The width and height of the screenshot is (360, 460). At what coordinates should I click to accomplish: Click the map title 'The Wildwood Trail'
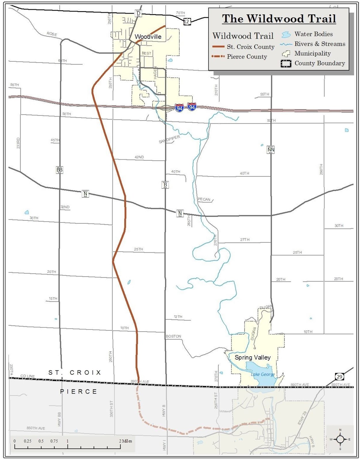point(279,19)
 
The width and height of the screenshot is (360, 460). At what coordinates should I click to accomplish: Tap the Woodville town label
point(148,37)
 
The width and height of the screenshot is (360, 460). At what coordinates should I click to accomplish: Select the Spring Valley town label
point(252,357)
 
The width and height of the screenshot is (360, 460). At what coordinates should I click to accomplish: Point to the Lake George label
point(262,374)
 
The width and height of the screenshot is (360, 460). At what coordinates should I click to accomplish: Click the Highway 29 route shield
point(339,377)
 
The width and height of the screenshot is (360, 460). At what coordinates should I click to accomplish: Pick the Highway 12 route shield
point(187,21)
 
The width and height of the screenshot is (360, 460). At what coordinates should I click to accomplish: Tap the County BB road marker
point(59,170)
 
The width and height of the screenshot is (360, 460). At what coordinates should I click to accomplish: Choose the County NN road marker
point(271,150)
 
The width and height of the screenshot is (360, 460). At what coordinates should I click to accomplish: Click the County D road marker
point(138,14)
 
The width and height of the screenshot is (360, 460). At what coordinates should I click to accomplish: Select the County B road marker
point(165,185)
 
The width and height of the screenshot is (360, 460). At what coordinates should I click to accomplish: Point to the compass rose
point(340,439)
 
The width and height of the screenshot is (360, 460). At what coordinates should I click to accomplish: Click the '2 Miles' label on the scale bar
point(125,441)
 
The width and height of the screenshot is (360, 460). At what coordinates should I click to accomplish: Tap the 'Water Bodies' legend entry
point(313,34)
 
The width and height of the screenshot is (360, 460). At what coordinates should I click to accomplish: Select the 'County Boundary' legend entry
point(319,63)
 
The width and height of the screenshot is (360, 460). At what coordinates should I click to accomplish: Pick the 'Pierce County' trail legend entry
point(247,57)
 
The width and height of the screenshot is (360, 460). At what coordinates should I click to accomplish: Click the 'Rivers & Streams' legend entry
point(319,44)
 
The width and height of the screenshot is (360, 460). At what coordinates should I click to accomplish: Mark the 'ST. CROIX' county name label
point(75,373)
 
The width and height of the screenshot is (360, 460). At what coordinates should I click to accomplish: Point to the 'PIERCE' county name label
point(78,392)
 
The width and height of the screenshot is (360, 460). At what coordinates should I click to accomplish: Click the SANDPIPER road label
point(169,139)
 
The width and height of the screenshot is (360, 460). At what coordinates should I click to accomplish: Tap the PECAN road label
point(204,199)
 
